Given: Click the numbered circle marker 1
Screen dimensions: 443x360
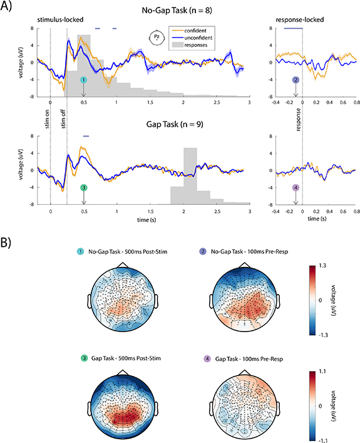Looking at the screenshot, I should pos(84,81).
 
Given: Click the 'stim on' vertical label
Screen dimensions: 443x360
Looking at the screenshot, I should pos(46,117).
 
